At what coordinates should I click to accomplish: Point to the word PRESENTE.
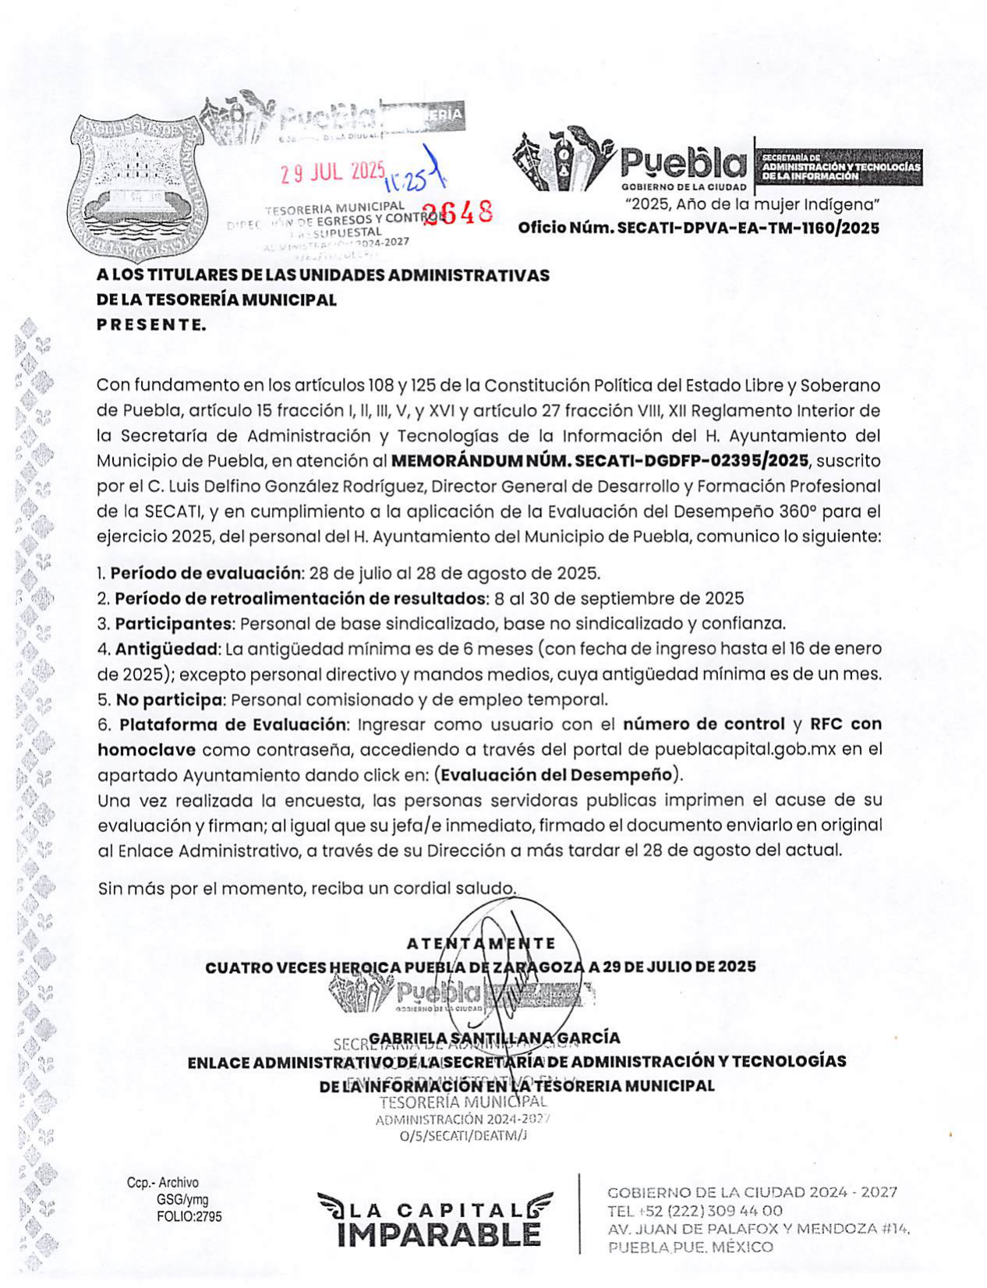click(x=151, y=325)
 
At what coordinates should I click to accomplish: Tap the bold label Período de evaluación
click(x=206, y=574)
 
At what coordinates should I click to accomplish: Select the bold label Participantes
click(x=175, y=624)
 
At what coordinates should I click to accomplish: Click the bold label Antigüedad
click(x=168, y=649)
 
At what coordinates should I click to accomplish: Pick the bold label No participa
click(x=170, y=699)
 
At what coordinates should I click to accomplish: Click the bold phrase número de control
click(x=703, y=724)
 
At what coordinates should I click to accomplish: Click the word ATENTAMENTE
click(x=481, y=943)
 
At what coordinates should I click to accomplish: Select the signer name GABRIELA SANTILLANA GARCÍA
click(x=494, y=1038)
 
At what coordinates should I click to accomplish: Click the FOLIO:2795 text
click(x=189, y=1216)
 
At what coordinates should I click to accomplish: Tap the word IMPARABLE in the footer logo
click(x=439, y=1234)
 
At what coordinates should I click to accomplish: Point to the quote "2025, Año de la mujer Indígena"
click(x=753, y=205)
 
